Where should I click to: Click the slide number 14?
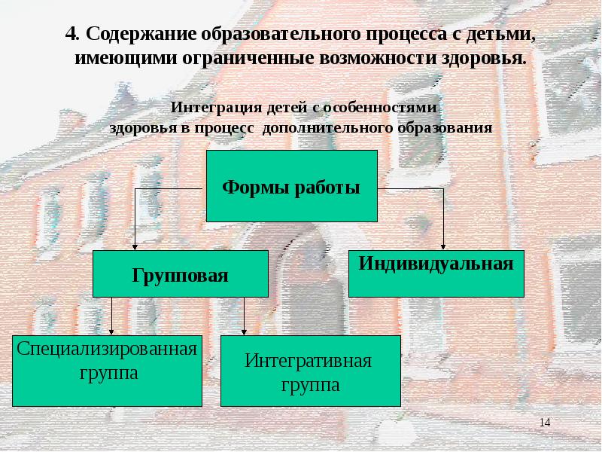pyautogui.click(x=545, y=423)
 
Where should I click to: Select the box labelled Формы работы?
pyautogui.click(x=292, y=186)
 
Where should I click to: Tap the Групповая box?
pyautogui.click(x=181, y=273)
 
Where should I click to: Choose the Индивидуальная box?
pyautogui.click(x=436, y=273)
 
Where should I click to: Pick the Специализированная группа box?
pyautogui.click(x=107, y=371)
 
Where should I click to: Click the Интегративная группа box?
pyautogui.click(x=311, y=371)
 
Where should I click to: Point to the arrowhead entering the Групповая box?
pyautogui.click(x=135, y=247)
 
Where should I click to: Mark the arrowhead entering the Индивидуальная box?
pyautogui.click(x=443, y=247)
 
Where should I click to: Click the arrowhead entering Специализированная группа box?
pyautogui.click(x=111, y=332)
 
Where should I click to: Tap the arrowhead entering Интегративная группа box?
pyautogui.click(x=244, y=332)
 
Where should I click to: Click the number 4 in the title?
pyautogui.click(x=71, y=34)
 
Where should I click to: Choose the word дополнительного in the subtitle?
pyautogui.click(x=328, y=128)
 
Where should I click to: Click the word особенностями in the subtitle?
pyautogui.click(x=380, y=108)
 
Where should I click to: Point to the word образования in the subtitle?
pyautogui.click(x=445, y=128)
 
